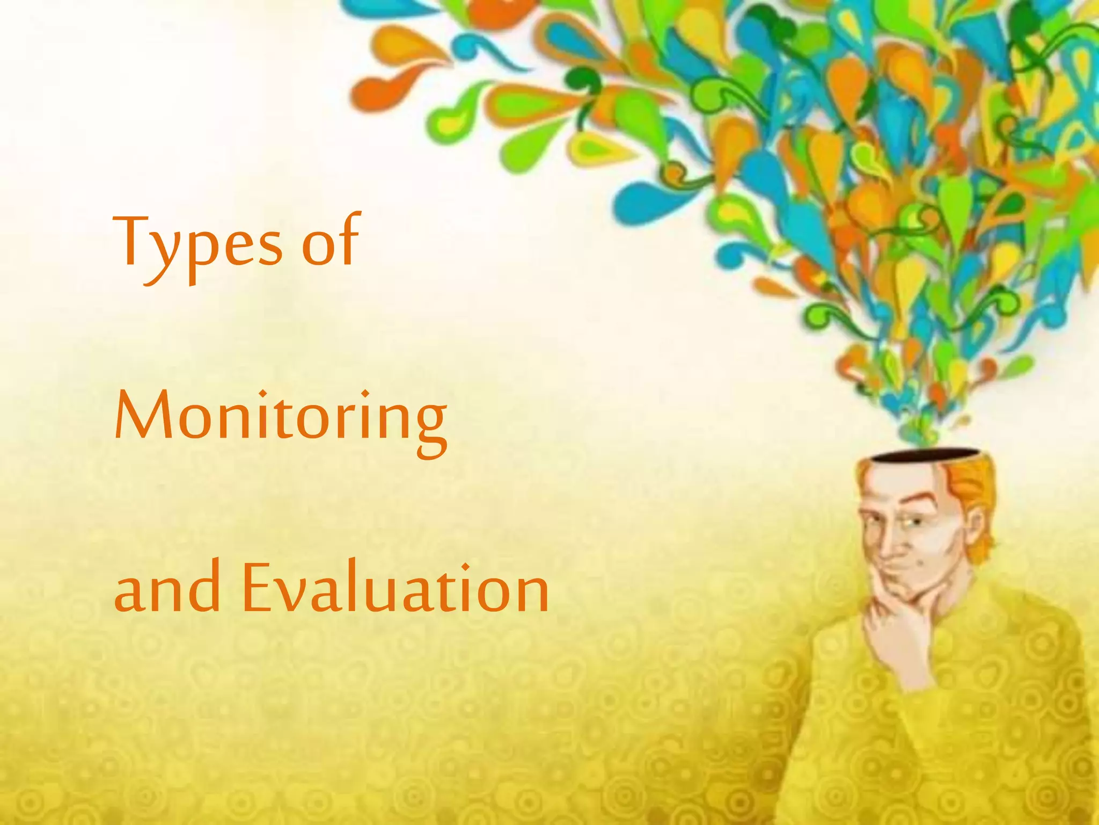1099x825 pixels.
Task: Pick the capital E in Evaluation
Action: point(259,587)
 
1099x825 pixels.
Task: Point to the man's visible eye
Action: point(910,522)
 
